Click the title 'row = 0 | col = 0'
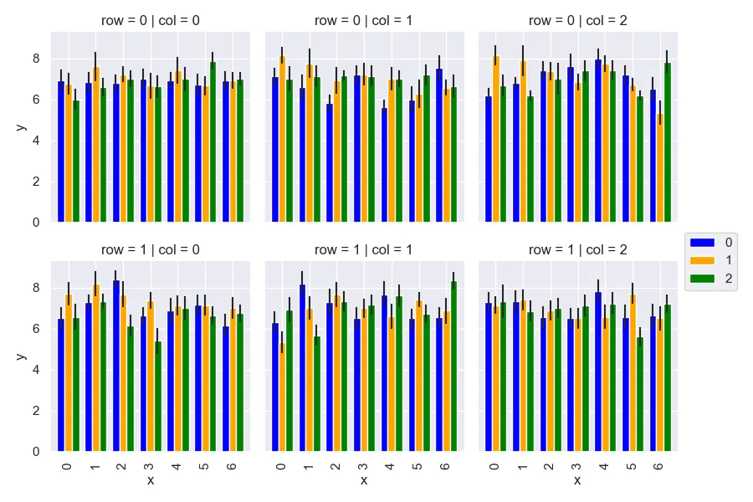pyautogui.click(x=151, y=20)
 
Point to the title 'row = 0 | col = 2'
pyautogui.click(x=577, y=20)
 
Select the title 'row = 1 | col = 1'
pyautogui.click(x=364, y=249)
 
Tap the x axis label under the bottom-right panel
pyautogui.click(x=577, y=480)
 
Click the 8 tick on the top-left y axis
pyautogui.click(x=36, y=59)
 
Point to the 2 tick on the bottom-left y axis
pyautogui.click(x=36, y=411)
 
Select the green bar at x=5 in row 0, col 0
pyautogui.click(x=213, y=142)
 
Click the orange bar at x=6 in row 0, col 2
pyautogui.click(x=660, y=167)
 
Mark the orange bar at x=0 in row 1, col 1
pyautogui.click(x=282, y=397)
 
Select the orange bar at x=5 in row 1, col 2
pyautogui.click(x=633, y=372)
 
